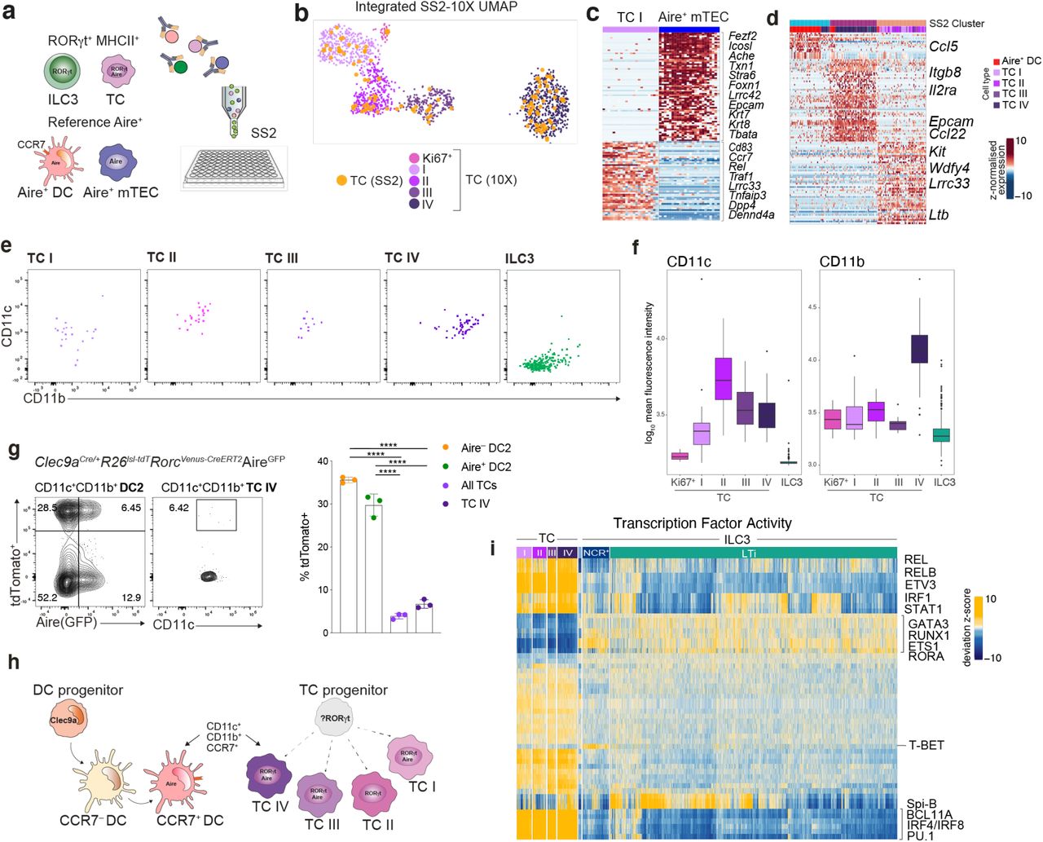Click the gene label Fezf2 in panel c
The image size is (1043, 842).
pos(742,36)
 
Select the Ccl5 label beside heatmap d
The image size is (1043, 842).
pos(944,46)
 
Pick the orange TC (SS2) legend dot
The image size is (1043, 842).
pos(341,180)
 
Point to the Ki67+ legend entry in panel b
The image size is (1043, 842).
pos(437,158)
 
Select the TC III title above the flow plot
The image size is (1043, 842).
pos(282,258)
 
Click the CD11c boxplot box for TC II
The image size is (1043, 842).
pos(723,378)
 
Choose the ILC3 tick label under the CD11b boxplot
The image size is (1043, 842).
pos(944,483)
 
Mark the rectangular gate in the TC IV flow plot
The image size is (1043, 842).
pos(216,515)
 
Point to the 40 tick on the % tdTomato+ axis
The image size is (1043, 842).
pos(323,461)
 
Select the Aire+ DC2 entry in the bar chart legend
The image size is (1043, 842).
pos(486,466)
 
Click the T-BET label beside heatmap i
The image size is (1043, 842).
pos(926,745)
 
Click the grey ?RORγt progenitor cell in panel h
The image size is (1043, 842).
pos(335,717)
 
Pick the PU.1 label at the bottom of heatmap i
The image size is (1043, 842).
pos(921,835)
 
